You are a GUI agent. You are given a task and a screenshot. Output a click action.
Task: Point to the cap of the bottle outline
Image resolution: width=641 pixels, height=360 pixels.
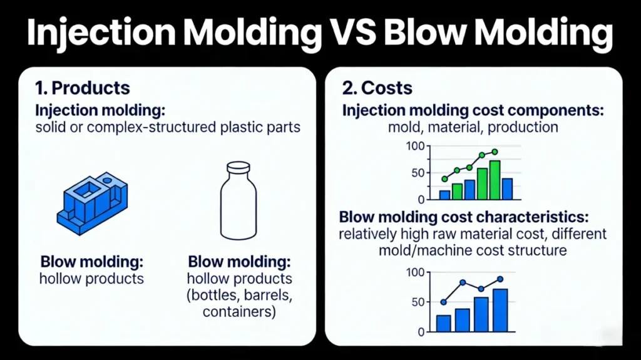tap(238, 167)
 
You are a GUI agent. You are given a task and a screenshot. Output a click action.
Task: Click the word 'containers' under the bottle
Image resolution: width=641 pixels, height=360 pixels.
tap(232, 311)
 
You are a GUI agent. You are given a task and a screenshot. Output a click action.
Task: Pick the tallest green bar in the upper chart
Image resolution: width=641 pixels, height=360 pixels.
tap(495, 180)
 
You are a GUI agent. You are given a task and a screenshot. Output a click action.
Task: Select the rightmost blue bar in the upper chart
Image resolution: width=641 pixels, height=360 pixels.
tap(508, 188)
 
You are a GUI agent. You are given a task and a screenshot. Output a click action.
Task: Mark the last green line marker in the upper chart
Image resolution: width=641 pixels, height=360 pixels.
tap(495, 152)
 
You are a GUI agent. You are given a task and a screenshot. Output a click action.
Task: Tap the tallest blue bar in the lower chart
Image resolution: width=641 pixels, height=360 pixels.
tap(500, 310)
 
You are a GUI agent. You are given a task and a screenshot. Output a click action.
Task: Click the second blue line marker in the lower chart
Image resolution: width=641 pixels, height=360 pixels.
tap(463, 283)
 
